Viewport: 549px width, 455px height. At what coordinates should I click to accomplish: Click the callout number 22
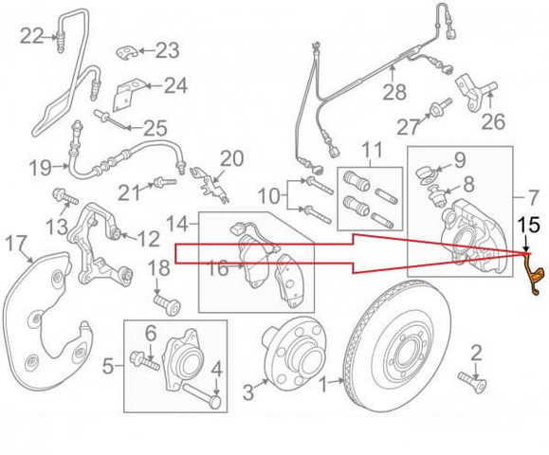point(31,36)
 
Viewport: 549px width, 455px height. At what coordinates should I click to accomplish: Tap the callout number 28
point(394,92)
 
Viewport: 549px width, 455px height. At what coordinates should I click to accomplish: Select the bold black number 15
point(529,225)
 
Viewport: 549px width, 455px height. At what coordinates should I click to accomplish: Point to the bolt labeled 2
point(473,382)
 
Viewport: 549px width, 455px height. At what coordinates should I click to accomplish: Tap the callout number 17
point(17,243)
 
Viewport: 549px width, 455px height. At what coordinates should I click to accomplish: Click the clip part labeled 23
point(126,52)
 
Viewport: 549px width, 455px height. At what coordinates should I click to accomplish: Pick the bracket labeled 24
point(127,95)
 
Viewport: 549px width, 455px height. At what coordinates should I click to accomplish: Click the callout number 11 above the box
point(372,150)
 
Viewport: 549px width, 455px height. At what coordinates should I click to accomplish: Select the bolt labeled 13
point(65,196)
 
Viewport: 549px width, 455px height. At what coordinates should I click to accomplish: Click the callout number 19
point(41,168)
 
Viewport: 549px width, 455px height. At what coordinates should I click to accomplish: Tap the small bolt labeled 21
point(166,182)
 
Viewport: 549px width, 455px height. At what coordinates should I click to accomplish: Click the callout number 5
point(108,368)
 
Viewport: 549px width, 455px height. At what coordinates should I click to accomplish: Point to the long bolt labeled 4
point(202,394)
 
